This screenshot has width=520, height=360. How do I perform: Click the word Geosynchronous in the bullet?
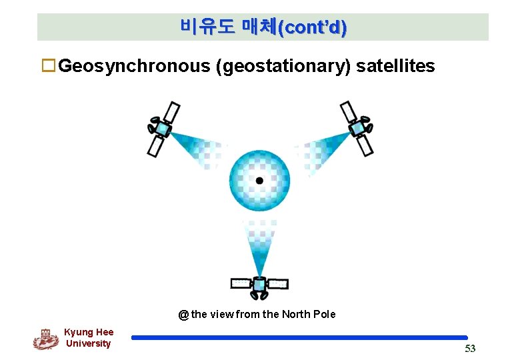coord(134,67)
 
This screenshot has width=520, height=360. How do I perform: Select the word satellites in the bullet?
coord(395,67)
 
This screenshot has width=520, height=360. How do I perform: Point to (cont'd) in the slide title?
coord(312,27)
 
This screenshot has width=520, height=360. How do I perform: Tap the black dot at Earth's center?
coord(259,181)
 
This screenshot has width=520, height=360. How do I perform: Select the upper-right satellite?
coord(357,127)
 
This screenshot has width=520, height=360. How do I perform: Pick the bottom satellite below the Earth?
coord(259,285)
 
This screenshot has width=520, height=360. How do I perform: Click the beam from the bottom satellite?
coord(259,250)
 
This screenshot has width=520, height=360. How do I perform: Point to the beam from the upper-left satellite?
coord(197,148)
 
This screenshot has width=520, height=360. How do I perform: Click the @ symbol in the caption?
coord(183,315)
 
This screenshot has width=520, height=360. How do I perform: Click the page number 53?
coord(470,349)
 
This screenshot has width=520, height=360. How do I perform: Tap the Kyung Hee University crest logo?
coord(45,339)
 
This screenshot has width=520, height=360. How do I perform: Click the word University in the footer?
coord(89,344)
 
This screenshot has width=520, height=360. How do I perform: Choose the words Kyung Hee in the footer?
coord(89,332)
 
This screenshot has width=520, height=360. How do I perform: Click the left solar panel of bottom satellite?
coord(241,284)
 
